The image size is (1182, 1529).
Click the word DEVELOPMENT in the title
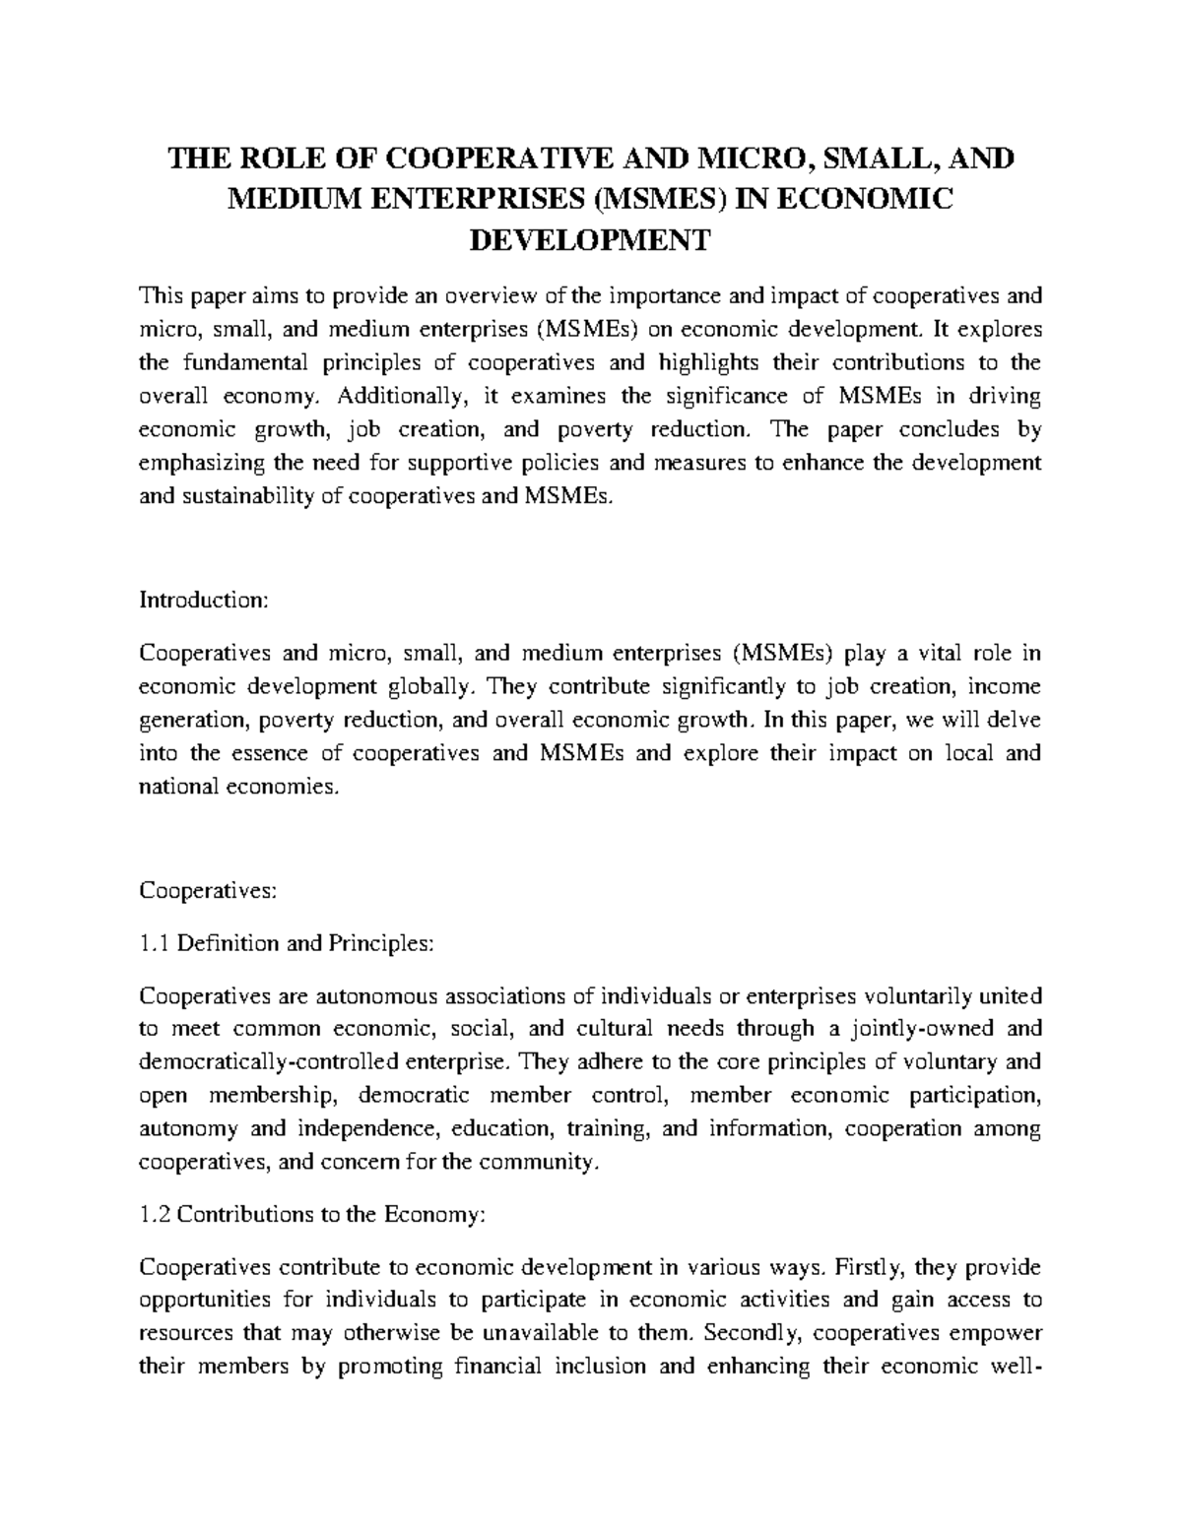[x=590, y=239]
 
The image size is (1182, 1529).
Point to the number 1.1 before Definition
[x=157, y=943]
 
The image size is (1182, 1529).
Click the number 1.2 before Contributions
[x=157, y=1214]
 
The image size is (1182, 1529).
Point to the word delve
[x=1014, y=720]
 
